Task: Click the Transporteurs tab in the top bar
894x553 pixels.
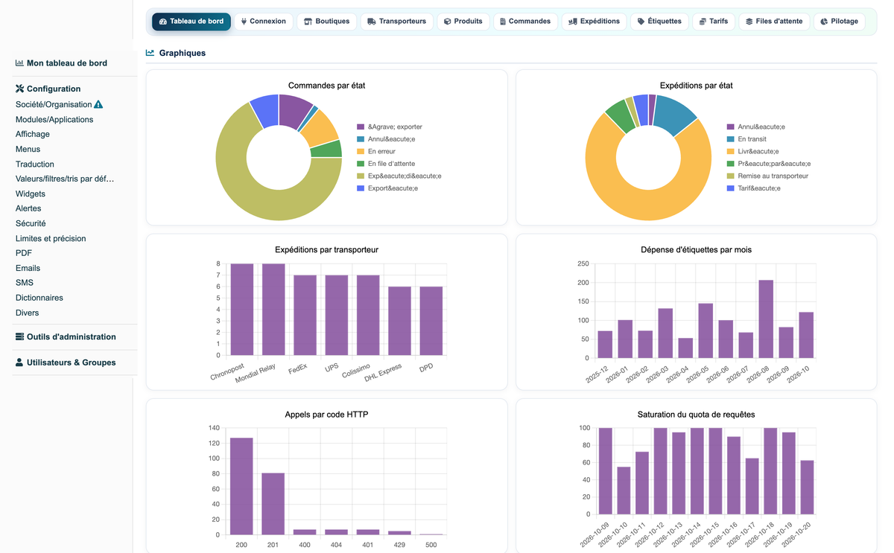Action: tap(396, 22)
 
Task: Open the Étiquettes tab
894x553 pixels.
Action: tap(659, 22)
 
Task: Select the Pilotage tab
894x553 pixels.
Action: tap(839, 22)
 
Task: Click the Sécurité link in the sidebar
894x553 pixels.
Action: tap(31, 223)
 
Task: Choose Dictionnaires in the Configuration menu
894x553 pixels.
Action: tap(39, 298)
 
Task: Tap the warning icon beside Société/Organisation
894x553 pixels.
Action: tap(98, 104)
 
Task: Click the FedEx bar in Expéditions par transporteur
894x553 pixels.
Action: tap(305, 315)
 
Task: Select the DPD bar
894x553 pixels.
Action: tap(431, 321)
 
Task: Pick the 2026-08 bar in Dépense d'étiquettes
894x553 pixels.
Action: tap(766, 319)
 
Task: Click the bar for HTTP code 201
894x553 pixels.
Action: tap(273, 504)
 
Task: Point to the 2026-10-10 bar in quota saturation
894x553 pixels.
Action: tap(624, 490)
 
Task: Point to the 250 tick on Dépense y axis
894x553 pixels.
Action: tap(583, 263)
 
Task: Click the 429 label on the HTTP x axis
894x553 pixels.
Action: tap(399, 545)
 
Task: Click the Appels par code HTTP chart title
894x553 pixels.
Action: tap(326, 415)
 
